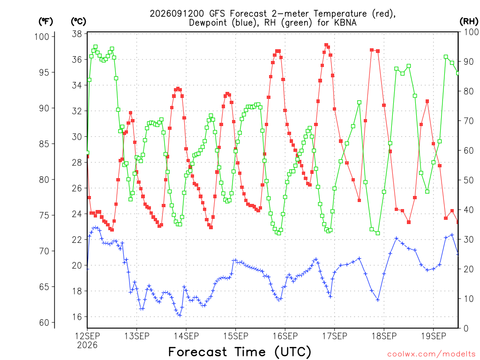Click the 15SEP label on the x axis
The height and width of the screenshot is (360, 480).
click(x=235, y=337)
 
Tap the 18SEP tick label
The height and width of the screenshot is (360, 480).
click(x=384, y=337)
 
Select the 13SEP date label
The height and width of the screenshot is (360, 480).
click(x=136, y=337)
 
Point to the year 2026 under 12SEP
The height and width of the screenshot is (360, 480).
click(x=87, y=345)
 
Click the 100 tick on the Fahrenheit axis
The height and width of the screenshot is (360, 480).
click(x=42, y=37)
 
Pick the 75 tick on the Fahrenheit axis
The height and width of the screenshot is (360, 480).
click(x=44, y=216)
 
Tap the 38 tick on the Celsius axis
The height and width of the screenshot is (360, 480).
click(x=77, y=34)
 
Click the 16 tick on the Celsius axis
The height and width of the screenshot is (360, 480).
click(x=77, y=317)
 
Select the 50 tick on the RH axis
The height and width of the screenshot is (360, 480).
click(x=468, y=180)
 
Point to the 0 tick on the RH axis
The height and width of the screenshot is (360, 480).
click(x=466, y=329)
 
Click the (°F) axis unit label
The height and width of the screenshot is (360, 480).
click(x=45, y=22)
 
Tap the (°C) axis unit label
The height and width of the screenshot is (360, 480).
click(x=78, y=22)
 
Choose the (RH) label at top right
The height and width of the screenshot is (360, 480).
click(x=469, y=21)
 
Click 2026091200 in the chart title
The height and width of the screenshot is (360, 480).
click(x=177, y=14)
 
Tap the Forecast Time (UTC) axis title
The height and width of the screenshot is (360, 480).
click(x=240, y=352)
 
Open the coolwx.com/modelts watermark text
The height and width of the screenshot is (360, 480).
click(x=433, y=354)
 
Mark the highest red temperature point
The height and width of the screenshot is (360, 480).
click(x=326, y=45)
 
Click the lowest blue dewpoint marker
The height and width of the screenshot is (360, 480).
click(x=180, y=315)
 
